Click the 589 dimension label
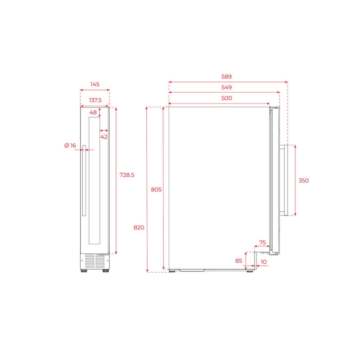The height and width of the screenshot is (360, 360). tap(226, 76)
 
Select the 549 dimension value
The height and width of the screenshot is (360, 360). tap(226, 87)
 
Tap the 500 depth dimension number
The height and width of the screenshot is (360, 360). tap(226, 98)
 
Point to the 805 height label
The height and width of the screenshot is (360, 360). tap(156, 189)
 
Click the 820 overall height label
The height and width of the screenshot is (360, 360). tap(139, 228)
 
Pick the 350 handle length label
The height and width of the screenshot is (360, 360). tap(303, 181)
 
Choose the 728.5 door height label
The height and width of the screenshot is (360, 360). tap(127, 175)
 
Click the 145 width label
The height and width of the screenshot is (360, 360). tap(95, 85)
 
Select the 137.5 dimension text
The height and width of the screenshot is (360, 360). tap(95, 100)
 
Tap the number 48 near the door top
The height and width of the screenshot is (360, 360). tap(93, 112)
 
